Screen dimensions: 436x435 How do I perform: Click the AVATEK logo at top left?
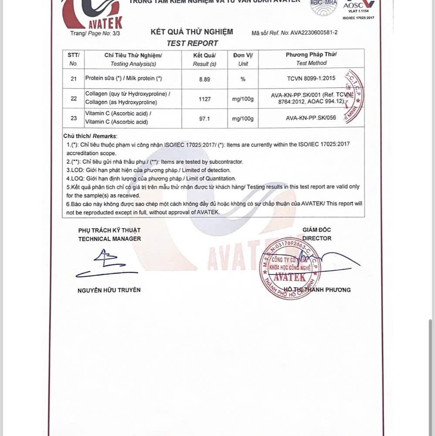click(93, 14)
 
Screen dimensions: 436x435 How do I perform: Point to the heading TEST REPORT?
click(192, 43)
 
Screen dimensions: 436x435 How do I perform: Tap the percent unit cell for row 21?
click(243, 79)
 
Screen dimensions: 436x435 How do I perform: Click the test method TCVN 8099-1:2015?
click(311, 79)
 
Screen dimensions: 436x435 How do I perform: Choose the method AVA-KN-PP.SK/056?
click(311, 118)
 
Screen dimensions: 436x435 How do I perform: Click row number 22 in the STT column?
click(73, 99)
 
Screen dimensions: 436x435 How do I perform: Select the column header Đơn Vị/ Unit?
click(243, 59)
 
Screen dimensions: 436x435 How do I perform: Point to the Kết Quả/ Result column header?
click(204, 59)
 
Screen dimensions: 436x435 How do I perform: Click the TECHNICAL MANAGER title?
click(109, 239)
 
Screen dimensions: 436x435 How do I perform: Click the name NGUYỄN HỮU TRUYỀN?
click(109, 290)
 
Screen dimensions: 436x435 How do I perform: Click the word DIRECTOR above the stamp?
click(316, 238)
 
